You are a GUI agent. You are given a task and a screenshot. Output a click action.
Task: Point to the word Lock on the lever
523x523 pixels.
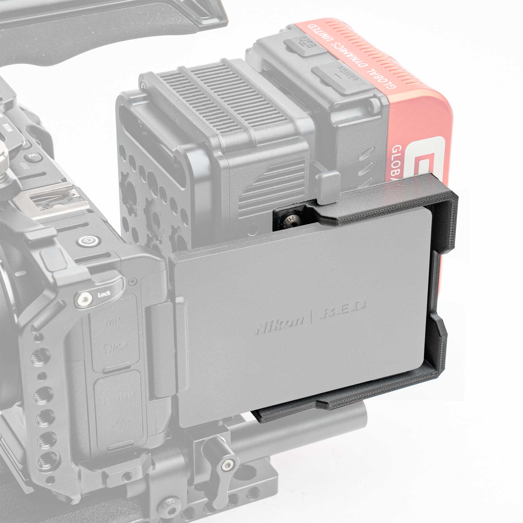pos(104,294)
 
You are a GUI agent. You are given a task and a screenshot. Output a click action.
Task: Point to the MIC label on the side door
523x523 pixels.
pos(115,321)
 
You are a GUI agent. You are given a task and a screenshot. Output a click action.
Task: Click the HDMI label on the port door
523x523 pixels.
pos(118,396)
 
